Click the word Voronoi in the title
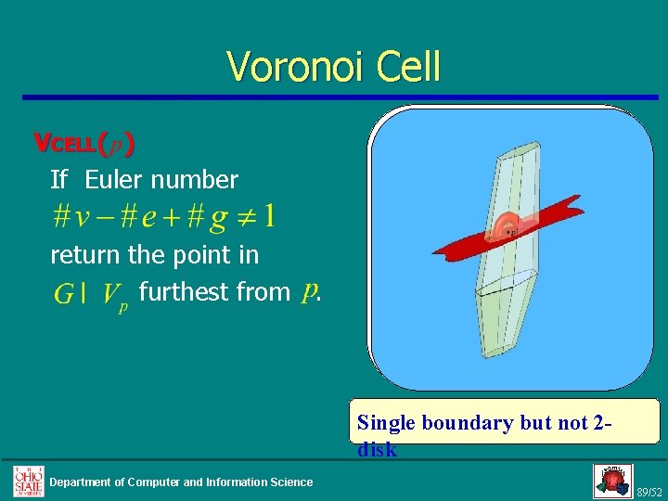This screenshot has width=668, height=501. (288, 67)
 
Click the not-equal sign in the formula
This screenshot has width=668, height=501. (243, 217)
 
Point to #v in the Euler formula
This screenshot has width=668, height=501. (72, 217)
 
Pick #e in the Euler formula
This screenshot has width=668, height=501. (135, 217)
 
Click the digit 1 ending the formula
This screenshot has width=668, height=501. (269, 217)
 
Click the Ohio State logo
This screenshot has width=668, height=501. (27, 481)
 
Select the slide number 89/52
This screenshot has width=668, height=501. (649, 492)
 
